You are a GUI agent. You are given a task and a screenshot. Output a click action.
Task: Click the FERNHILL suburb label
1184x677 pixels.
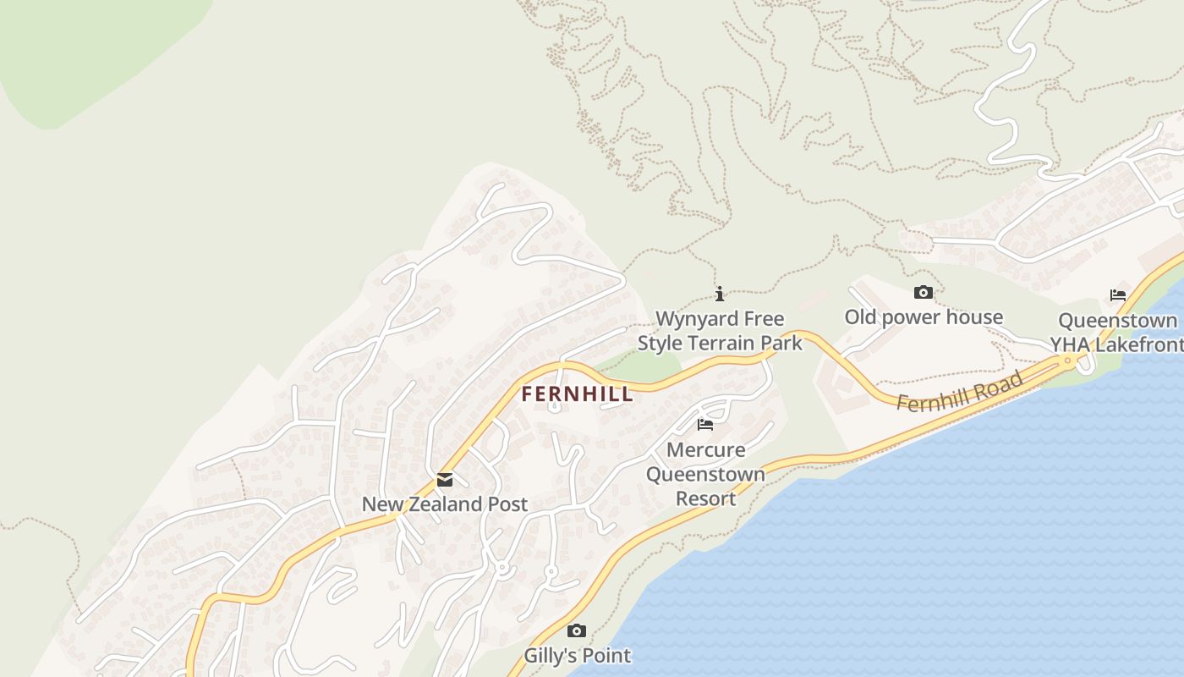[577, 394]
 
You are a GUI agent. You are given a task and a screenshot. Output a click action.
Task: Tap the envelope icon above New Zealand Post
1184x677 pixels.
[445, 481]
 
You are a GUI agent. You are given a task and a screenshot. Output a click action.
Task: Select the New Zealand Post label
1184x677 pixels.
[445, 504]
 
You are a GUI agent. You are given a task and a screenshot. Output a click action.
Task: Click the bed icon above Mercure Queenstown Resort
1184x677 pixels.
[705, 424]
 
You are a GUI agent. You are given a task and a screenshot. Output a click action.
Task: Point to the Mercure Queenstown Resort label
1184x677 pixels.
[705, 474]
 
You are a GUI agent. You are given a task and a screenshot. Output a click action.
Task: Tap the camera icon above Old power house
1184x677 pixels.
[924, 293]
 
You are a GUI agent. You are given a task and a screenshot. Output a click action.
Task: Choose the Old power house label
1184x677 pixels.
[924, 317]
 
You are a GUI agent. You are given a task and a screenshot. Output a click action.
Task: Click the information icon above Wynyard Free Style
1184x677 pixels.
[720, 294]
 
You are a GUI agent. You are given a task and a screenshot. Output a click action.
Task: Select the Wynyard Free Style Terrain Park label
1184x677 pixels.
[720, 331]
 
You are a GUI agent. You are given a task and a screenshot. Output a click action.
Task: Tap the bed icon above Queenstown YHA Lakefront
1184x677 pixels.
[1118, 295]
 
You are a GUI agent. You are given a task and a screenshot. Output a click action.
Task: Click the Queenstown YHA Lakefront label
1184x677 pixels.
[1116, 333]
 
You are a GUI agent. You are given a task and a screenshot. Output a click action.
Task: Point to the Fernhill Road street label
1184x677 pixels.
[960, 392]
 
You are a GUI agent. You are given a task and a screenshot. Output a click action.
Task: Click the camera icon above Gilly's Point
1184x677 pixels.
[577, 631]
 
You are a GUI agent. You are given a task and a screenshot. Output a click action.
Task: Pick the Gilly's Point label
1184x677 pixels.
[577, 656]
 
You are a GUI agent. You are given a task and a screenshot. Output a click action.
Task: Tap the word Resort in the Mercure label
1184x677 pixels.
[705, 499]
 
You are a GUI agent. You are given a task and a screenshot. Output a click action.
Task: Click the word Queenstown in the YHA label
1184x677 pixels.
[1118, 321]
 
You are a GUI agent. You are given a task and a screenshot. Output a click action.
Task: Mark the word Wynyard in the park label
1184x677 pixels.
[693, 319]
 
